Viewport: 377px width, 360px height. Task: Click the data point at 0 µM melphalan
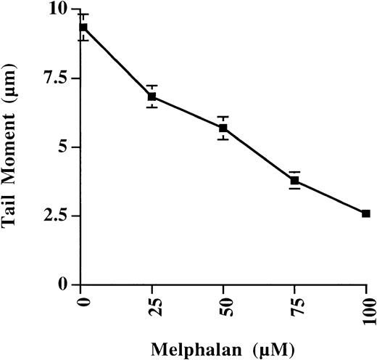click(83, 28)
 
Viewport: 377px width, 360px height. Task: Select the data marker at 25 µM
click(152, 97)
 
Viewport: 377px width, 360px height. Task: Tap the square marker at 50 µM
click(223, 128)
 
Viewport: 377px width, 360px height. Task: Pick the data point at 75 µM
click(294, 180)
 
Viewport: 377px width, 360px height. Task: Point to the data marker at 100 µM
click(365, 213)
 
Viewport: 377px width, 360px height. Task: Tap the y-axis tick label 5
click(65, 147)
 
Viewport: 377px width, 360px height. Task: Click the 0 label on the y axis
click(65, 285)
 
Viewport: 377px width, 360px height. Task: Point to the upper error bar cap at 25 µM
click(152, 86)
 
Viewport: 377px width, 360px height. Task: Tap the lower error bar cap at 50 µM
click(223, 139)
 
